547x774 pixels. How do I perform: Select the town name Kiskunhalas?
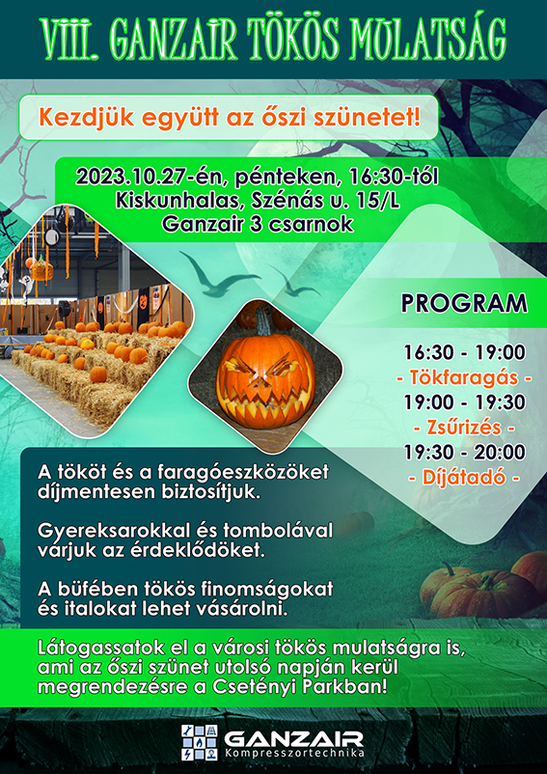pos(166,202)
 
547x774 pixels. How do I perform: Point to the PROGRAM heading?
pos(464,303)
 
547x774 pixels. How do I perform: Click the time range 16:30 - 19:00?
pos(464,352)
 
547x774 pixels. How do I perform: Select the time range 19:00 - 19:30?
pos(464,402)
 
